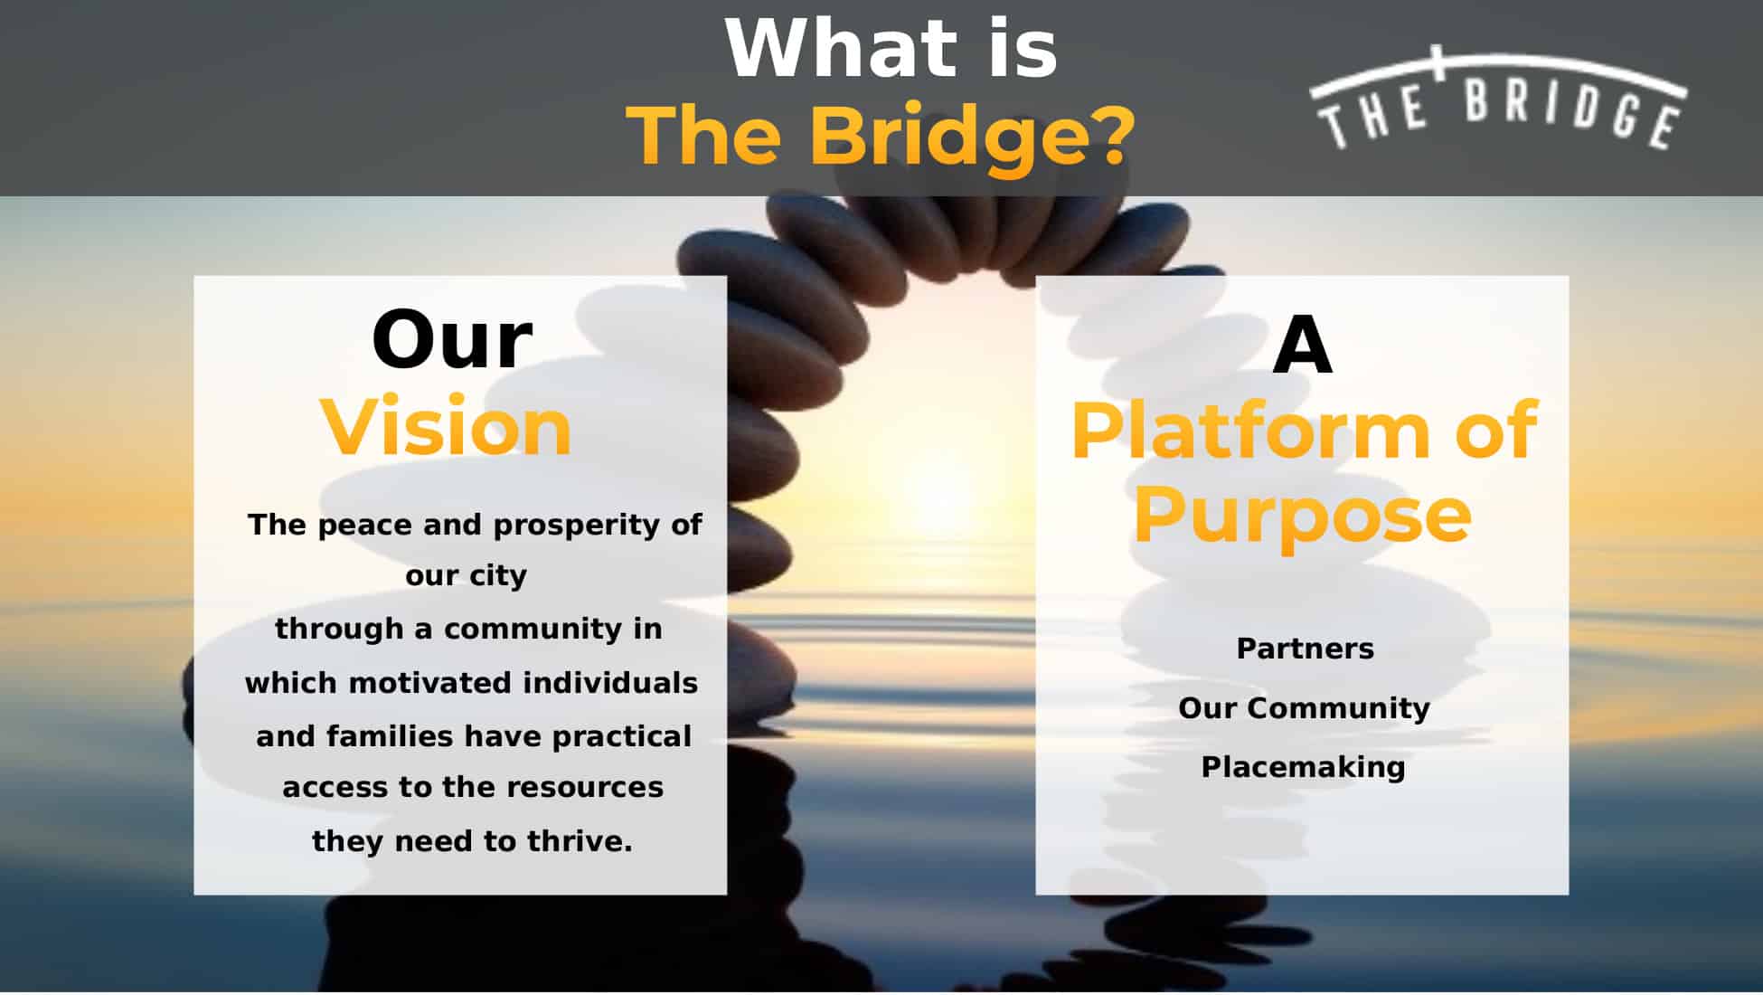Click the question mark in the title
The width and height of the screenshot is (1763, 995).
[1105, 135]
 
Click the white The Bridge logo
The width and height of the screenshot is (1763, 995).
[1498, 99]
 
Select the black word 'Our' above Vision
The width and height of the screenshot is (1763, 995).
[452, 340]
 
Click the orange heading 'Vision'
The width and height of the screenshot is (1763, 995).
[447, 426]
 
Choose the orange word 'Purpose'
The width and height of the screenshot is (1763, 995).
[1302, 516]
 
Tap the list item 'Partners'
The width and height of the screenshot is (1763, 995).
[1305, 649]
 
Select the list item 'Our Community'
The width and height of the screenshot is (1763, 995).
[1304, 707]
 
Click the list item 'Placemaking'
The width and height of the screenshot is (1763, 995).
[1303, 767]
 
